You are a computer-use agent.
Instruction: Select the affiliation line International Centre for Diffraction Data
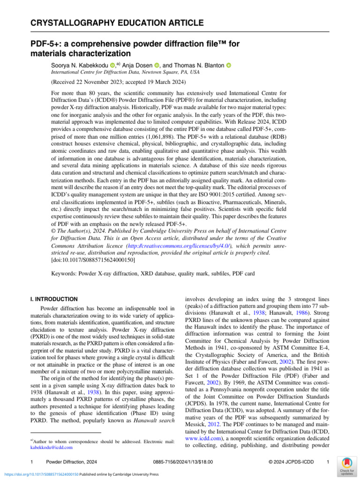[125, 73]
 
